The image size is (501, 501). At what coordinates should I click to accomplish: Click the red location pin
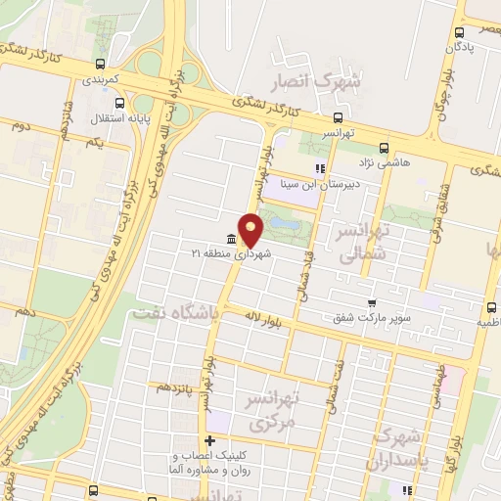pyautogui.click(x=251, y=229)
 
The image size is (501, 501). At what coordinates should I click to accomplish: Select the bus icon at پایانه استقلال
pyautogui.click(x=118, y=102)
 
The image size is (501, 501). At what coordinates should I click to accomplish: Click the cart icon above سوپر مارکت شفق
pyautogui.click(x=372, y=303)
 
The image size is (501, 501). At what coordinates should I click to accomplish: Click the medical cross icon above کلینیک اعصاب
pyautogui.click(x=209, y=441)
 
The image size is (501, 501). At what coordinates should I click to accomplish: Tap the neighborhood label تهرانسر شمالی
pyautogui.click(x=361, y=244)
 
